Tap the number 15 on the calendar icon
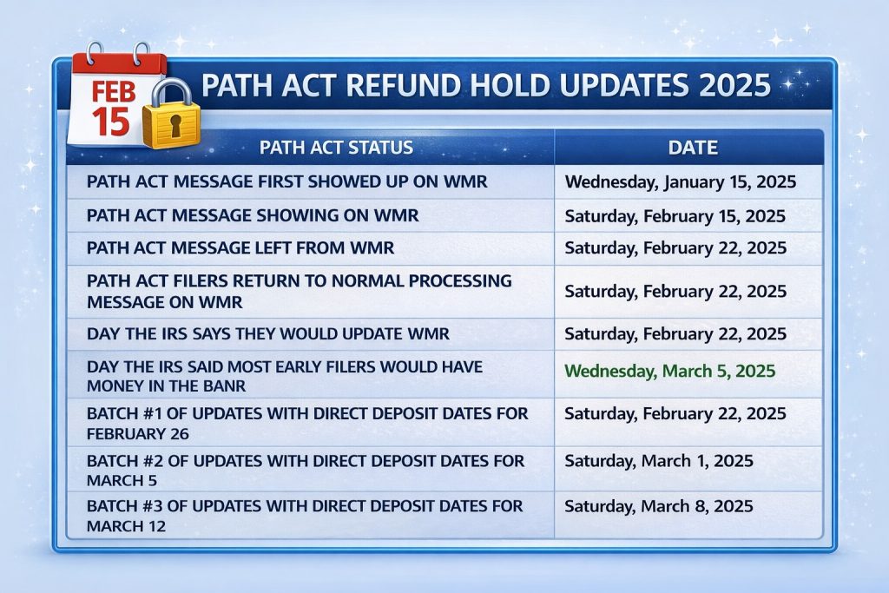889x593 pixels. coord(111,122)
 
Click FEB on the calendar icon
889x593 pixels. coord(113,92)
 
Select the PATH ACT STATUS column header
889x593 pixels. coord(336,147)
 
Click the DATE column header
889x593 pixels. coord(693,147)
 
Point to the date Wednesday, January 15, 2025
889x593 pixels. coord(681,182)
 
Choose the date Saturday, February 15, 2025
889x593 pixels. coord(675,216)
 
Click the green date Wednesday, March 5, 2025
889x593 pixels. coord(669,371)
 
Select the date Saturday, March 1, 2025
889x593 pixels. coord(659,460)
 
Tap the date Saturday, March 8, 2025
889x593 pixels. coord(659,505)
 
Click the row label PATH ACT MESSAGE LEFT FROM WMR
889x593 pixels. coord(240,247)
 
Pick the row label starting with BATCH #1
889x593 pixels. coord(307,423)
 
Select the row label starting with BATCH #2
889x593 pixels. coord(306,470)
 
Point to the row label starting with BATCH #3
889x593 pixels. coord(306,516)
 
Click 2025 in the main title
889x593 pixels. coord(728,86)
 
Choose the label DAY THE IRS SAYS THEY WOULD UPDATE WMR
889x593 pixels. coord(267,333)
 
